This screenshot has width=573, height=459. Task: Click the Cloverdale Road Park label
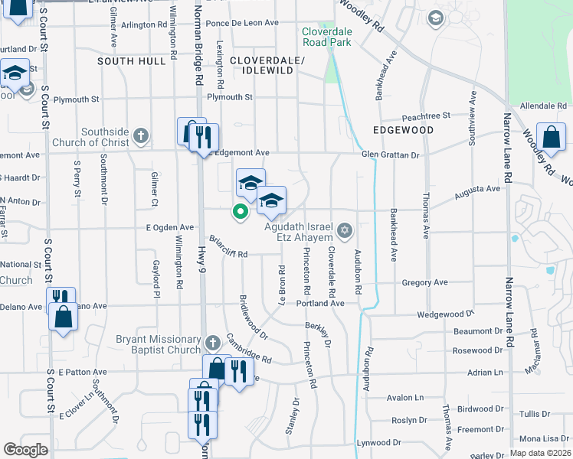pos(326,37)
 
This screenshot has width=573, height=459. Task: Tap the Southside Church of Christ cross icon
pos(139,136)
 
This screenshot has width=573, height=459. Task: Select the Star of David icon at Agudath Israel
pos(345,229)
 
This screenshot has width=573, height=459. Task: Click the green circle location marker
pos(241,212)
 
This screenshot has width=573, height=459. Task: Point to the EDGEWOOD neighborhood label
pos(403,130)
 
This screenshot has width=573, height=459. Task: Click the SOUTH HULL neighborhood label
pos(126,60)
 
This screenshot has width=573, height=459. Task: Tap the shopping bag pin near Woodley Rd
pos(551,138)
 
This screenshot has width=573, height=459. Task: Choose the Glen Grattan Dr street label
pos(391,155)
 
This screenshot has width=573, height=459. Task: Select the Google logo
pos(25,450)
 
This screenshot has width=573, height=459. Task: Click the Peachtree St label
pos(426,116)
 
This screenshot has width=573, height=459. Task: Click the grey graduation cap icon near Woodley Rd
pos(435,18)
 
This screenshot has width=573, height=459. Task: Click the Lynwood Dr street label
pos(379,442)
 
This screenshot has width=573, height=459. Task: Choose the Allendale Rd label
pos(541,105)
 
